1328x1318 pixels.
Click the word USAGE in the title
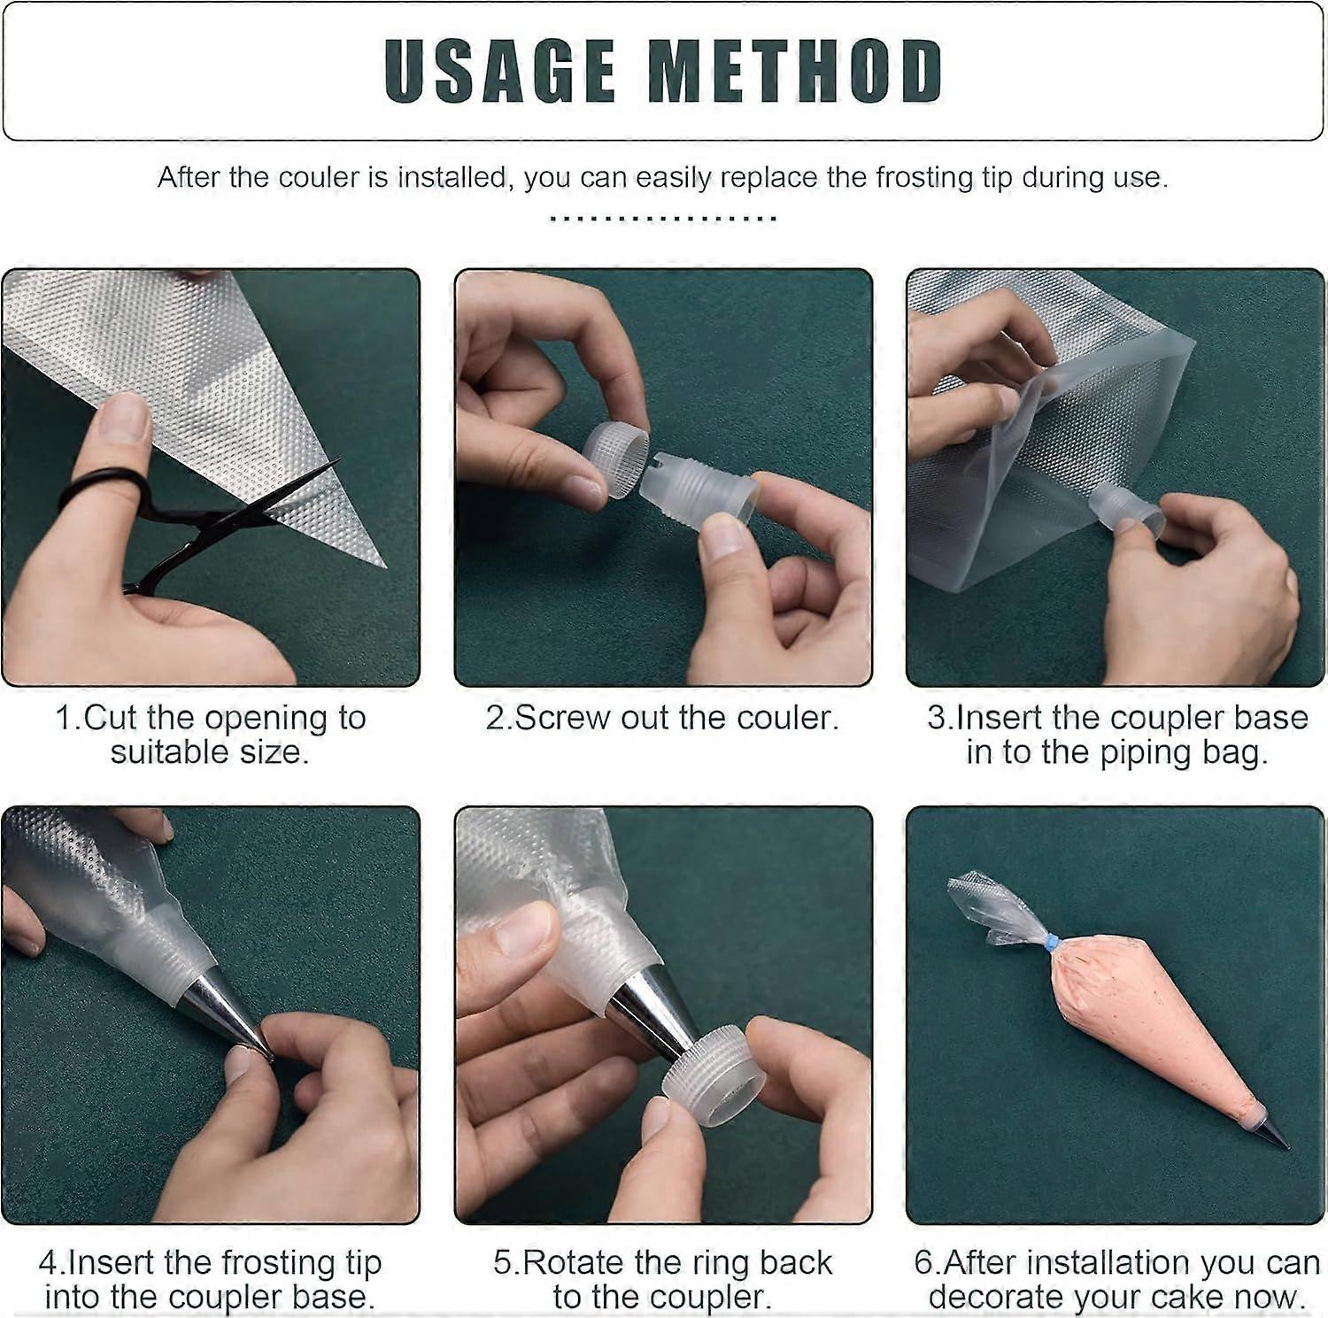point(500,71)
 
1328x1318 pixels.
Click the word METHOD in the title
point(795,71)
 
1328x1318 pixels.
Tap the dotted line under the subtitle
point(663,218)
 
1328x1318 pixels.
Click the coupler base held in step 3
point(1124,513)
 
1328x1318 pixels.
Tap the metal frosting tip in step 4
point(221,1009)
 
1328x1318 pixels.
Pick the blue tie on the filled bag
point(1052,944)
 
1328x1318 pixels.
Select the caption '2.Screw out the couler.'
point(661,717)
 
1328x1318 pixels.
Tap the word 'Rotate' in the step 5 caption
point(576,1262)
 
